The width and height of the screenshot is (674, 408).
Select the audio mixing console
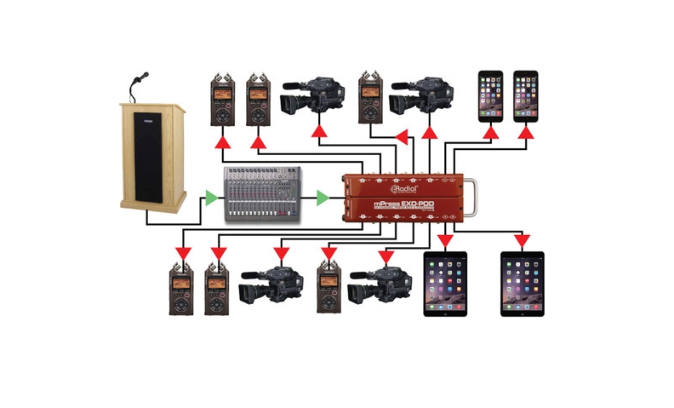click(x=264, y=196)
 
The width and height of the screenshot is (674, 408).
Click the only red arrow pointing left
click(x=402, y=133)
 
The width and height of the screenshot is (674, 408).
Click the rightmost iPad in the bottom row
click(x=521, y=284)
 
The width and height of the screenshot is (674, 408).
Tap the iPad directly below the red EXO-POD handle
click(x=445, y=284)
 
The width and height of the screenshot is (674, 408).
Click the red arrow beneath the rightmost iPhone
click(x=527, y=133)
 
